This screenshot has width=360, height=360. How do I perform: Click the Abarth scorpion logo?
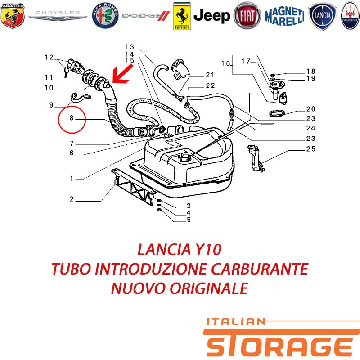13,16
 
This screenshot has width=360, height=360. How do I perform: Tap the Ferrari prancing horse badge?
182,16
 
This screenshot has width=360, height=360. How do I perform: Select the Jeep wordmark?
211,16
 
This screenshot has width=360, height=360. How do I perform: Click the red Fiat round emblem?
247,16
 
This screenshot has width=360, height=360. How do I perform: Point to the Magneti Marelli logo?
285,16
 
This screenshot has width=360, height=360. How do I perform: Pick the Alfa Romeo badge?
105,16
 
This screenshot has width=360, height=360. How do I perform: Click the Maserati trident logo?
350,16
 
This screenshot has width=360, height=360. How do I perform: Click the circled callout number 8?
72,118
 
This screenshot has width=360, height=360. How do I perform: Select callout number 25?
310,149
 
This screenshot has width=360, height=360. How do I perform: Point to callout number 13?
129,47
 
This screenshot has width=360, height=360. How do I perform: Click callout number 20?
310,109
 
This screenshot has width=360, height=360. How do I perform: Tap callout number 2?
72,199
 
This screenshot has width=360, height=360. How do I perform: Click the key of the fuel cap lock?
66,72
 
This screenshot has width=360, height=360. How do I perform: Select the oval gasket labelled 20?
277,113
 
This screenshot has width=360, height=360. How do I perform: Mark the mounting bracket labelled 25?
255,158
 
